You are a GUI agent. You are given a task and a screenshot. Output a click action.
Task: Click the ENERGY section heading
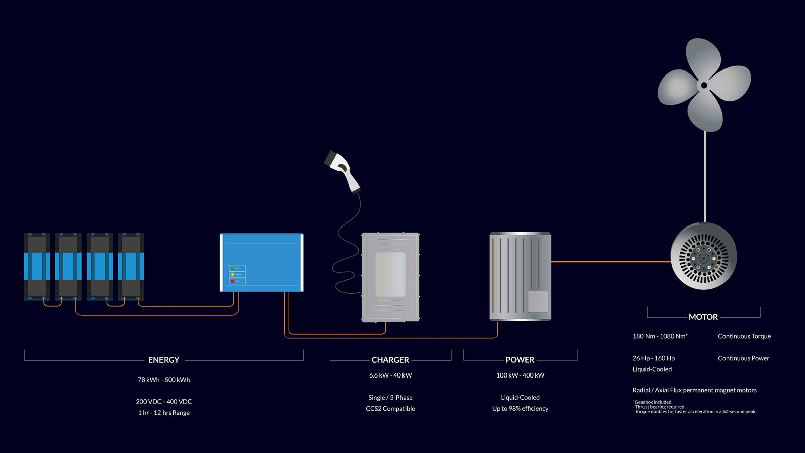[x=164, y=360]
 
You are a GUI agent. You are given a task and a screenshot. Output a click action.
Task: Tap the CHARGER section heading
[x=390, y=360]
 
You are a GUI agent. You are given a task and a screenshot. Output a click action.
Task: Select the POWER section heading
[x=520, y=360]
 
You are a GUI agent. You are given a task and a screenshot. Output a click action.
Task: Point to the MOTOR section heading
[x=703, y=317]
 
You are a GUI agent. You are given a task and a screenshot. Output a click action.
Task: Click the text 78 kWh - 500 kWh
[x=164, y=380]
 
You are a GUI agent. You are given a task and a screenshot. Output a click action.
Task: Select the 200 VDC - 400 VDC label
[x=164, y=402]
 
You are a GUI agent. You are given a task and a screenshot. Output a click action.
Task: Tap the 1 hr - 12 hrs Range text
[x=164, y=413]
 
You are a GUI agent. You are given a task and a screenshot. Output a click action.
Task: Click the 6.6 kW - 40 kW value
[x=390, y=375]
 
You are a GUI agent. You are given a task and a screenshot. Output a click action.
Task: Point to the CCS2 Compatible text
[x=390, y=409]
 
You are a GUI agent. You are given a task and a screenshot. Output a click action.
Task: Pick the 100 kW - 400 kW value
[x=520, y=375]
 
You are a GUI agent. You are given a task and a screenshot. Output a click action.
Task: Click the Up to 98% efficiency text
[x=520, y=409]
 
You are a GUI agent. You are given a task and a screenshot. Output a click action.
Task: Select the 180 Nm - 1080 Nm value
[x=660, y=336]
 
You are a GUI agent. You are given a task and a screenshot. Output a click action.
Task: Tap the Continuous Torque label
[x=744, y=336]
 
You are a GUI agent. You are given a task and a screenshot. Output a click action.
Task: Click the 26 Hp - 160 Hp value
[x=654, y=358]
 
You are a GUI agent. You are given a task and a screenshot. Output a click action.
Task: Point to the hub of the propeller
[x=704, y=85]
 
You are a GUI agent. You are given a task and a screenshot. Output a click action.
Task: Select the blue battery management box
[x=262, y=262]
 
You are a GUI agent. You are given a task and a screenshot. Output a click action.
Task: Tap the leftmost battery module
[x=37, y=267]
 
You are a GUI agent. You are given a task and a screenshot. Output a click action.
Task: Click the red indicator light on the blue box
[x=232, y=281]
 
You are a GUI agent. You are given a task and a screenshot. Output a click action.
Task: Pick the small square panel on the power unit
[x=537, y=302]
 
